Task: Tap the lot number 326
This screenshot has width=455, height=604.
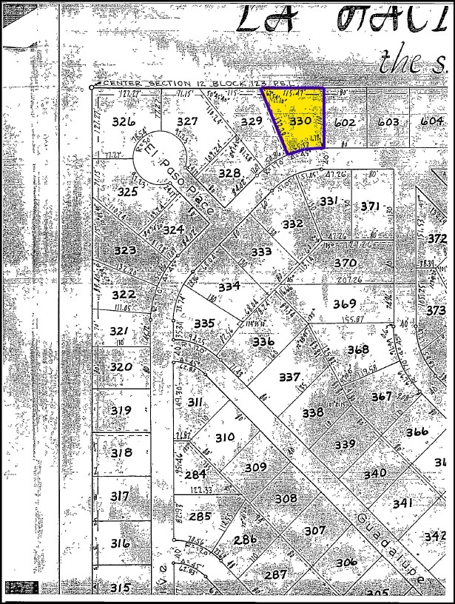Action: point(124,121)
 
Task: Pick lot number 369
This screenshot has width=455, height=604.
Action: point(344,303)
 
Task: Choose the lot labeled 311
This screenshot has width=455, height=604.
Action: point(196,402)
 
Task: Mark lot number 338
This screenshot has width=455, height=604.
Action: point(313,412)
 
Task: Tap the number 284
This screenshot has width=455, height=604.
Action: point(196,474)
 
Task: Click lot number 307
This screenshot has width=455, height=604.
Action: point(315,530)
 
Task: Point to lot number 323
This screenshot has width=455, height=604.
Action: point(124,250)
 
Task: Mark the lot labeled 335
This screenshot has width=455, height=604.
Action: point(203,323)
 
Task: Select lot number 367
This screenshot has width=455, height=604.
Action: point(382,396)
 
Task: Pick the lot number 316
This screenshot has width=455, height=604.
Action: point(120,543)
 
